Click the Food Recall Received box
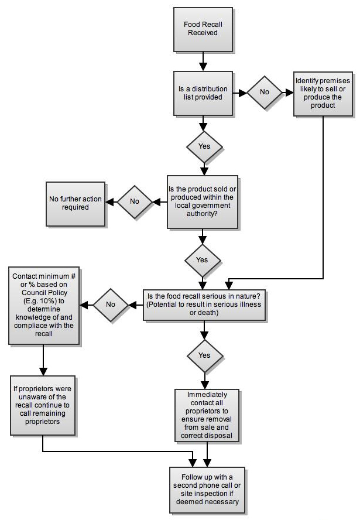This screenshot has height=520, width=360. pos(203,29)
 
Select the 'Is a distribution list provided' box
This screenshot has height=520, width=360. pos(203,93)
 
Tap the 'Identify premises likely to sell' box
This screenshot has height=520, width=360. pos(323,94)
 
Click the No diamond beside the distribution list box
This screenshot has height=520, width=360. pos(264,92)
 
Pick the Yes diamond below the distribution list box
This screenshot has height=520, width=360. pos(204,146)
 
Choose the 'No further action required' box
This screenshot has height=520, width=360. pos(76,204)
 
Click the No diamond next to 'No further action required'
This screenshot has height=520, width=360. pos(135,201)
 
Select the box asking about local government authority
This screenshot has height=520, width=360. pos(202,201)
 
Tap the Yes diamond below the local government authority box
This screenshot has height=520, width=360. pos(202,261)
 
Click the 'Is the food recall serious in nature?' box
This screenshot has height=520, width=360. pos(204,305)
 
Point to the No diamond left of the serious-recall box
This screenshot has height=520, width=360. pos(111,305)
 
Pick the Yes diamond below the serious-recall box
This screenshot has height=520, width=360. pos(204,356)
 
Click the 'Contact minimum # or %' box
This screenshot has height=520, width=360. pos(44,305)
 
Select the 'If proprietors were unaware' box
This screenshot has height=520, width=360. pos(42,405)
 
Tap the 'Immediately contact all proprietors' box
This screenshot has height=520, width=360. pos(207,415)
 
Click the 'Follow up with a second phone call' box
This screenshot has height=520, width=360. pos(207,490)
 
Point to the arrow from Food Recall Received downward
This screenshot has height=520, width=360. pos(203,61)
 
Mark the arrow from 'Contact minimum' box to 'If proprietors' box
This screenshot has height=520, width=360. pos(43,360)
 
